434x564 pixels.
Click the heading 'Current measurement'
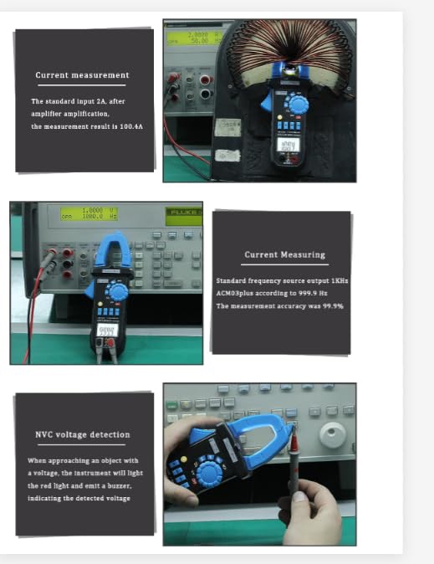pos(82,75)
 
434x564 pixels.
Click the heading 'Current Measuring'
pos(284,254)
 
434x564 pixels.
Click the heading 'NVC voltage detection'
pos(82,434)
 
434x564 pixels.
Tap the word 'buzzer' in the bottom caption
pos(117,485)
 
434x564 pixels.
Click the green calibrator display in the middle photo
pos(79,214)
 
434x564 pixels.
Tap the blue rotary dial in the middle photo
pos(118,291)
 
